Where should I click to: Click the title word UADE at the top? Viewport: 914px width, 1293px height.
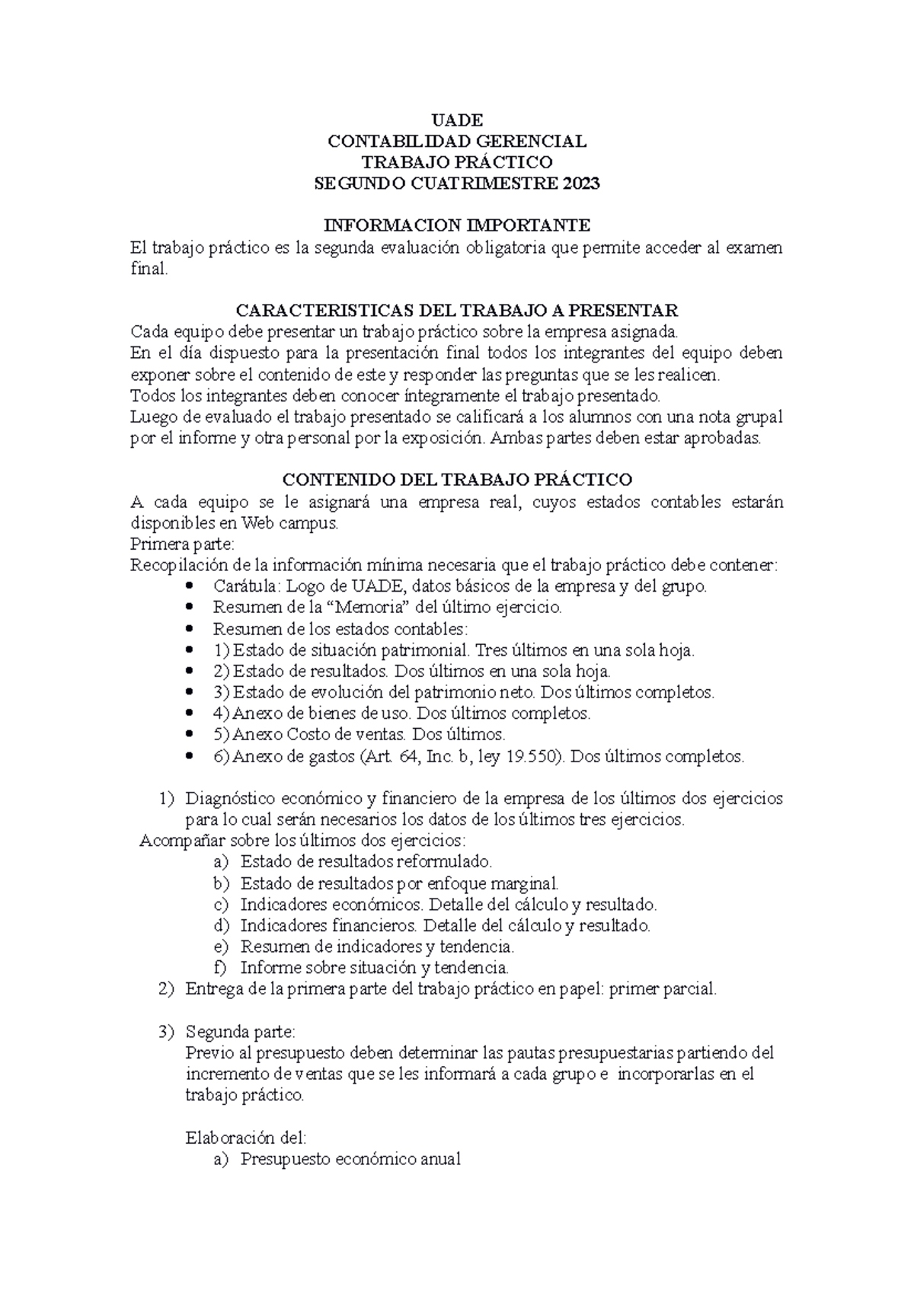click(x=457, y=120)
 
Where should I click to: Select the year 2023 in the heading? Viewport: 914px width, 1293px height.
click(x=581, y=184)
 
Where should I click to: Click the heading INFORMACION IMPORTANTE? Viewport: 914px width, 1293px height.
click(x=457, y=225)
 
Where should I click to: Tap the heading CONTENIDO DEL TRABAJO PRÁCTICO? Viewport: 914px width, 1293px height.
click(x=457, y=480)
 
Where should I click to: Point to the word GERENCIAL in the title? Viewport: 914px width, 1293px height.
click(x=532, y=142)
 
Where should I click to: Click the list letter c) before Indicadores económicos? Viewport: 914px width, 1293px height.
click(x=221, y=905)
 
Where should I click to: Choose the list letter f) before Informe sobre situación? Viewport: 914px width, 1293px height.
click(x=221, y=969)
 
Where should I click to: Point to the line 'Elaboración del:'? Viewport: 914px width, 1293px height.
click(x=245, y=1138)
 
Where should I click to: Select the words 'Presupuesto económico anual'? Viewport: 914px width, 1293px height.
click(x=350, y=1160)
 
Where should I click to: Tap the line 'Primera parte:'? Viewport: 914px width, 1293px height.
click(x=183, y=544)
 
